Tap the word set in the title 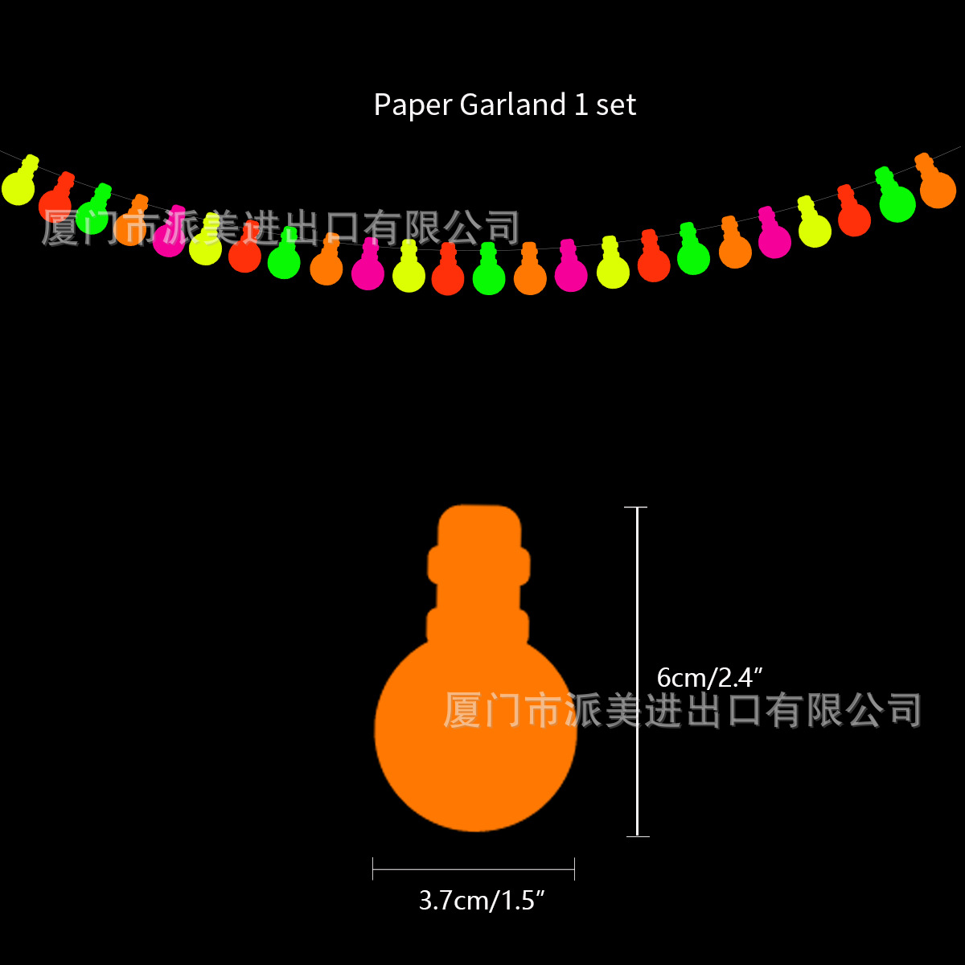(x=616, y=105)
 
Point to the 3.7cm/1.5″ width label (x=482, y=900)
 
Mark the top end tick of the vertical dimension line (x=636, y=507)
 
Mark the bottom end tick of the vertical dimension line (x=637, y=836)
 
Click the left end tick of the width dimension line (x=373, y=868)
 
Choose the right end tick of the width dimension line (x=574, y=868)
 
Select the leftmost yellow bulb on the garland (x=18, y=187)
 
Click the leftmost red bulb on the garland (x=55, y=203)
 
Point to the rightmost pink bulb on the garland (x=774, y=240)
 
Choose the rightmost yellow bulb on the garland (x=815, y=229)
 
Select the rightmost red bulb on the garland (x=854, y=218)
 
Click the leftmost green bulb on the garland (x=92, y=215)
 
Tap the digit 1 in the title (x=581, y=105)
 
